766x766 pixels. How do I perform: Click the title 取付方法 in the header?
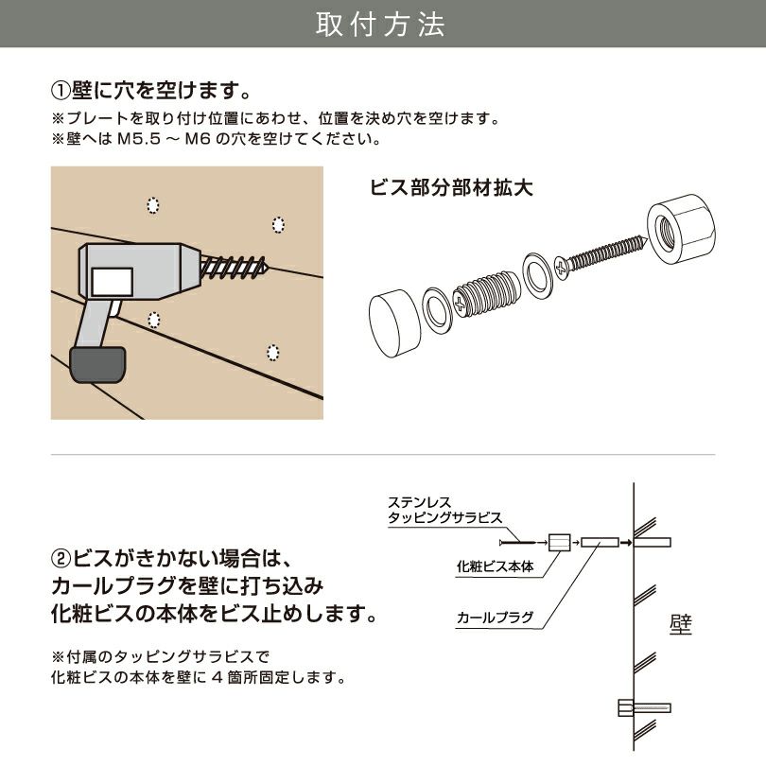[382, 25]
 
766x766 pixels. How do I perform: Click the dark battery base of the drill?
[96, 364]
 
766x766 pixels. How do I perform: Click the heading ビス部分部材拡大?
[451, 187]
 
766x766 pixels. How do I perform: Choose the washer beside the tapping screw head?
[539, 274]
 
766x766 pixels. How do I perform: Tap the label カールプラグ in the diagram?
[495, 618]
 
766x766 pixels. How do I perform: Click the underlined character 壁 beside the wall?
[680, 624]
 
